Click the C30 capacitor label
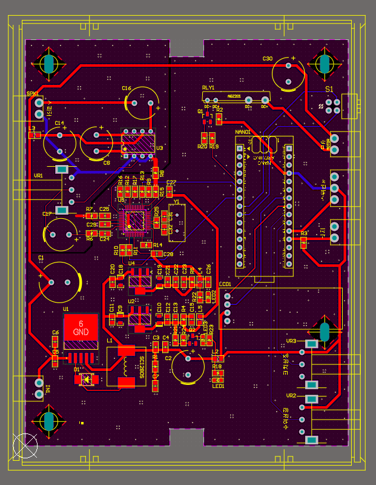coord(268,59)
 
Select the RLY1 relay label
coord(208,88)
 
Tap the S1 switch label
coord(329,89)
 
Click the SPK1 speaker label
coord(32,93)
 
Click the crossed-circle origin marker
coord(25,446)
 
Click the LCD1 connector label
coord(225,284)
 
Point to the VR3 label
coord(291,341)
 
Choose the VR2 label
coord(291,396)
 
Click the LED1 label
coord(218,386)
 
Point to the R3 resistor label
coord(304,233)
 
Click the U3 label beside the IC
coord(160,147)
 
